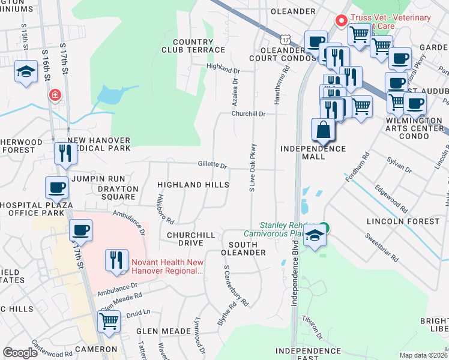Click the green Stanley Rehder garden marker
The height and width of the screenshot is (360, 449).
pos(324,227)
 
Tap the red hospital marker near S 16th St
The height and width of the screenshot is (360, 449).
pos(55,95)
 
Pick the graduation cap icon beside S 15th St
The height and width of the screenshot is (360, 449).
pos(26,72)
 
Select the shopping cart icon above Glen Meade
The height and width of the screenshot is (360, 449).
pos(109,320)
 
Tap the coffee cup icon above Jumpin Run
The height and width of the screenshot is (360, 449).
pos(58,187)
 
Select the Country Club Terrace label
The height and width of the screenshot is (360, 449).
pos(190,46)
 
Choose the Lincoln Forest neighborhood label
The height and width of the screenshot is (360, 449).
pos(403,221)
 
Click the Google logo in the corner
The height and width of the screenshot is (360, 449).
pos(20,353)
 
